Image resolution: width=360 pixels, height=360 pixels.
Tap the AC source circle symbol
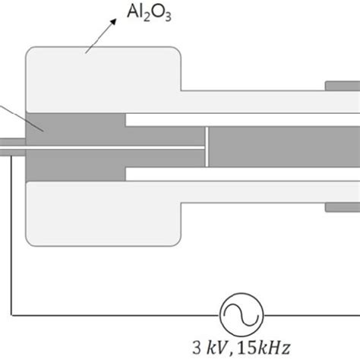point(241,312)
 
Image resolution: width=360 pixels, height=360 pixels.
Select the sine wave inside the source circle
point(241,312)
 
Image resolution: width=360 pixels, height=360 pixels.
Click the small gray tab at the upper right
point(342,84)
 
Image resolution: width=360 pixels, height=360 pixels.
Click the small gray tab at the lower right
point(342,207)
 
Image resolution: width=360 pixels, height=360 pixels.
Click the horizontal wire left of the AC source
point(114,312)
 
